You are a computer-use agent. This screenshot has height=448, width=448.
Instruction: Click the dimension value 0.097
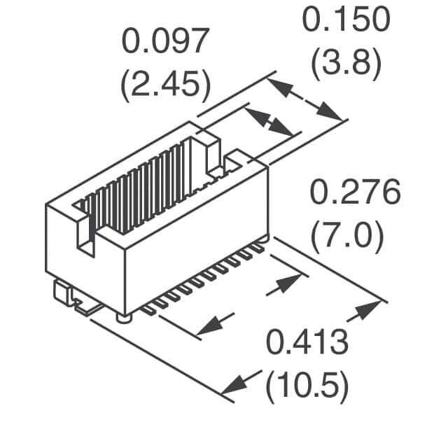pos(165,41)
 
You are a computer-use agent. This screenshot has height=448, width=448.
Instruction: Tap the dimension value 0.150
pos(346,20)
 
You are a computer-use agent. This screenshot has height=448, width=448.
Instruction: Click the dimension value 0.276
pos(355,192)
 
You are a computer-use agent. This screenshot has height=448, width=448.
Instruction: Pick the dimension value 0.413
pos(307,342)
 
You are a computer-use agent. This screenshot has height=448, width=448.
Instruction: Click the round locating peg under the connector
pos(124,318)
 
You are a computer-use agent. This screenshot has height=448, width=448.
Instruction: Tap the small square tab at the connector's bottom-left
pos(62,293)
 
